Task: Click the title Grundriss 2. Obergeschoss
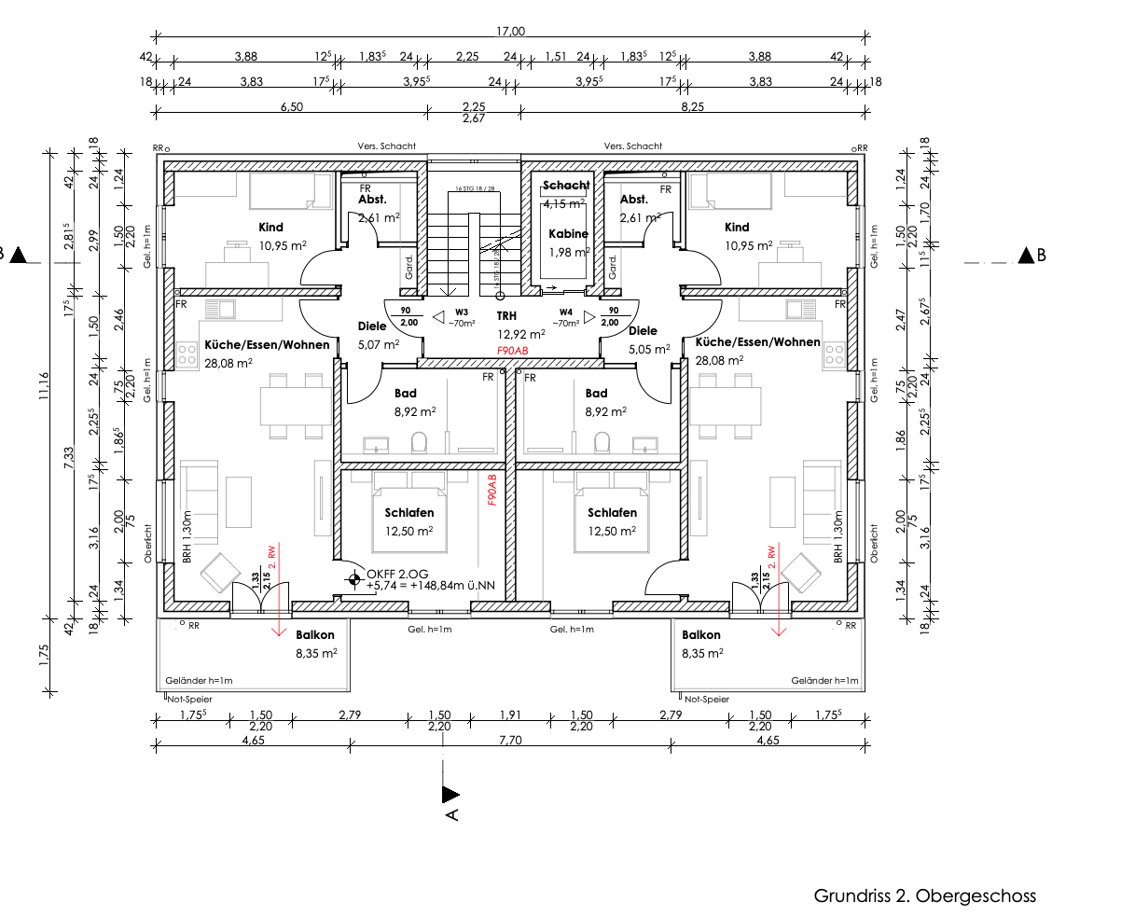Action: click(924, 896)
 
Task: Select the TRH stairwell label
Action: click(506, 316)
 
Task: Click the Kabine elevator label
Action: click(568, 234)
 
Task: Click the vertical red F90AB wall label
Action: click(491, 488)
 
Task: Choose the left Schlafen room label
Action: click(409, 513)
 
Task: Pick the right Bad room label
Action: click(596, 394)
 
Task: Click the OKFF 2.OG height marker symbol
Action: click(353, 579)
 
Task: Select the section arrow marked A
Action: click(451, 795)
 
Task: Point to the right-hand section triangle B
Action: click(1029, 255)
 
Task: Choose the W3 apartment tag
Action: click(462, 312)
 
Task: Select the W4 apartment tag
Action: click(566, 312)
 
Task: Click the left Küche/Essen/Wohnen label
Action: click(267, 345)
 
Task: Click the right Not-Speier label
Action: click(706, 699)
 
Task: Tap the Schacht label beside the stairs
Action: click(566, 186)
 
